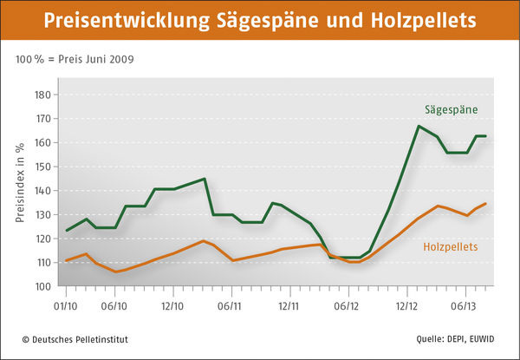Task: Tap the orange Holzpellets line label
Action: (x=451, y=247)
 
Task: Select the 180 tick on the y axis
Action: (x=41, y=95)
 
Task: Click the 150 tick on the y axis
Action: (x=41, y=167)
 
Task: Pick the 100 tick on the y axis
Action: (x=41, y=286)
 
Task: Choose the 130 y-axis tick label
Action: (x=41, y=214)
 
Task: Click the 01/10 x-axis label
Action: (x=66, y=305)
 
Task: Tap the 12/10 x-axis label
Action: (x=172, y=305)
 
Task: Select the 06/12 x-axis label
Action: (x=347, y=305)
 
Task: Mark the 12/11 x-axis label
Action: (x=289, y=305)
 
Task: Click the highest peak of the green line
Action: (x=419, y=126)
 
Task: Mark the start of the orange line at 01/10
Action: (x=66, y=260)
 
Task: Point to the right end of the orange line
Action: (x=485, y=203)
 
